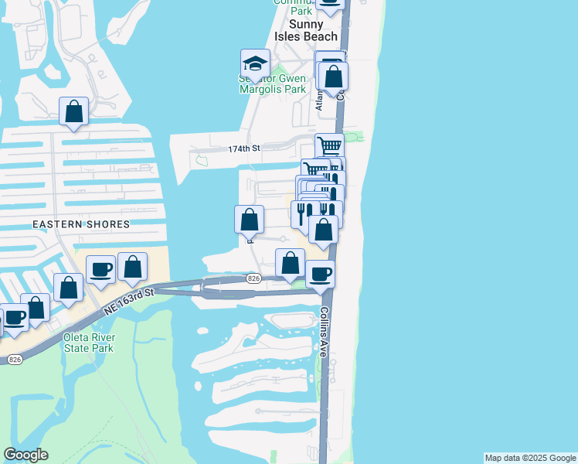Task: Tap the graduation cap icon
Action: click(255, 63)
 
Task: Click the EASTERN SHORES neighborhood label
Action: click(81, 224)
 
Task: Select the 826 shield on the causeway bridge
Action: click(253, 278)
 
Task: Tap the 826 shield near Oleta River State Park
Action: click(14, 360)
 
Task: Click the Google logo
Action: click(25, 455)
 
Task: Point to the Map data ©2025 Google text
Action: click(530, 458)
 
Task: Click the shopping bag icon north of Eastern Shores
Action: click(73, 111)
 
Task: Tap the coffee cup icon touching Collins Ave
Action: click(320, 273)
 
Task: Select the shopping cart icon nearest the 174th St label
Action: click(329, 145)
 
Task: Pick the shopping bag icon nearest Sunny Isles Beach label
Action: click(333, 77)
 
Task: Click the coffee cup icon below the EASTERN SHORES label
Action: click(100, 269)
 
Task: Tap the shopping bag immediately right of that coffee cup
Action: click(133, 267)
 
